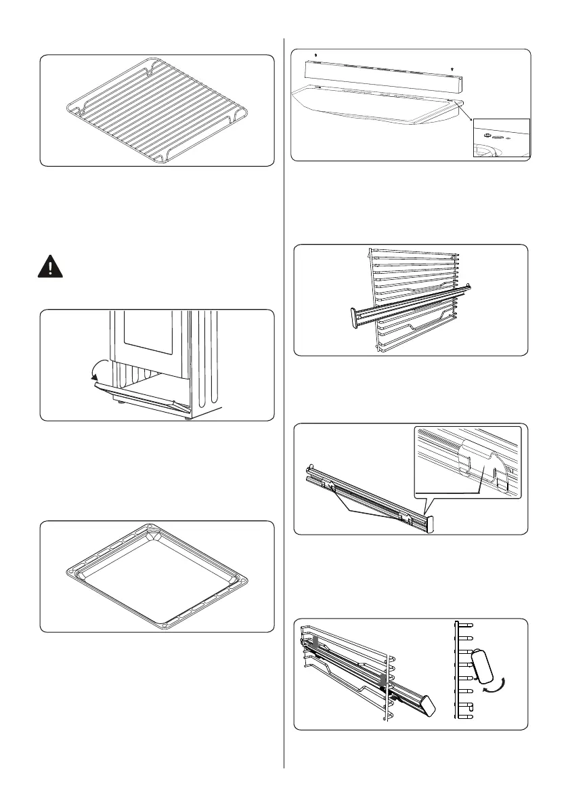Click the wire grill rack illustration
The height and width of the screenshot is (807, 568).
tap(157, 111)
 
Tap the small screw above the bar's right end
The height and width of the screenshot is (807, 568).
tap(452, 69)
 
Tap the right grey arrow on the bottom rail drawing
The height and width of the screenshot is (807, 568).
tap(383, 680)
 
